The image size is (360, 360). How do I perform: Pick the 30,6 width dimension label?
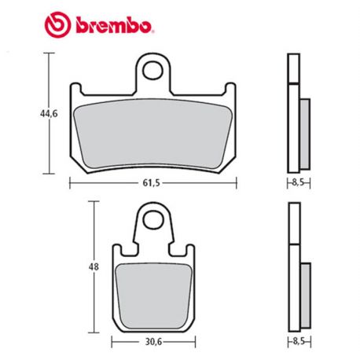click(x=152, y=343)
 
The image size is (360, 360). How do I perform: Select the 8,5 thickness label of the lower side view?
click(x=296, y=343)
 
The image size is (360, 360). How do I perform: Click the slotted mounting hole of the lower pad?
click(x=153, y=224)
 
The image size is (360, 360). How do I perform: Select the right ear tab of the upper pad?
click(x=231, y=90)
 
